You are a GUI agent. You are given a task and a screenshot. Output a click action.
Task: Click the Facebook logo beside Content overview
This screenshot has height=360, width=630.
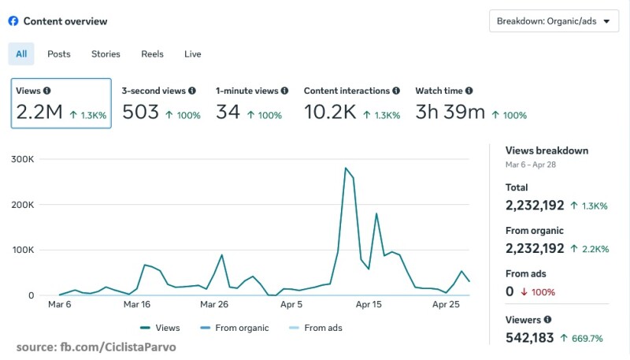(x=13, y=21)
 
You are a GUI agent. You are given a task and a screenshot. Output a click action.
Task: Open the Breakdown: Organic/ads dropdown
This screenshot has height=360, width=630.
(x=553, y=21)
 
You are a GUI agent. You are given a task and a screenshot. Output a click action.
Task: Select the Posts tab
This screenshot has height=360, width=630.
(x=59, y=54)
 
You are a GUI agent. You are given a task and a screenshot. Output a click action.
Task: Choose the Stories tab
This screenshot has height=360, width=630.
(x=106, y=54)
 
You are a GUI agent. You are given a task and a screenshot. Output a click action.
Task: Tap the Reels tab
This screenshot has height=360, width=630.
(x=152, y=54)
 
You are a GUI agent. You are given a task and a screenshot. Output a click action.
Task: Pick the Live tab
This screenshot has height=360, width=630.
(x=193, y=54)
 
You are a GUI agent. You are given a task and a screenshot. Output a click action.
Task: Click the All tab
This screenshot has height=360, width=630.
(x=21, y=54)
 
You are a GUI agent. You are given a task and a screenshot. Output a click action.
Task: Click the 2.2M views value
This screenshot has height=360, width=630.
(x=39, y=113)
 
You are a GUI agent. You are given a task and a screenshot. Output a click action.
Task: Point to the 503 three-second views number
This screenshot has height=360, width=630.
(x=140, y=113)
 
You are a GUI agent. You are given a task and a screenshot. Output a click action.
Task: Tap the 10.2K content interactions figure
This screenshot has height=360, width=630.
(x=330, y=113)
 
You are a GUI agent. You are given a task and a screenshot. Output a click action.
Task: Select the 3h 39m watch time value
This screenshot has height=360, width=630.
(x=450, y=113)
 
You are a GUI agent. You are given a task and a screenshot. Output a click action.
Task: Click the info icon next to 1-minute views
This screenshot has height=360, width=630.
(x=284, y=91)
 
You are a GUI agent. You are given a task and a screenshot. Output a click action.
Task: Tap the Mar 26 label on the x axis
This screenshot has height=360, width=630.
(x=213, y=303)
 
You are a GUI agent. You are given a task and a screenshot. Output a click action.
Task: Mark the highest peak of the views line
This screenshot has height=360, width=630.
(x=345, y=168)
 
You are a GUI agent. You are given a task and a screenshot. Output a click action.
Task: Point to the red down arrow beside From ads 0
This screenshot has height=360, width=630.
(x=523, y=292)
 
